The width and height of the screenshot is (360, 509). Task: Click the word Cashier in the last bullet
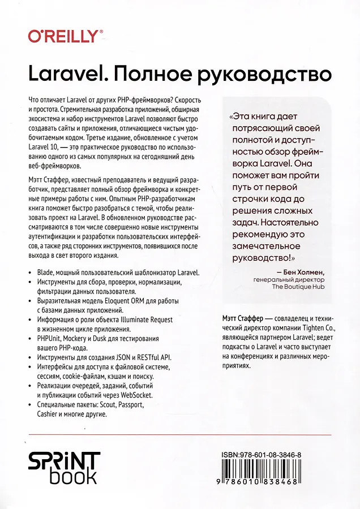(x=49, y=414)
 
